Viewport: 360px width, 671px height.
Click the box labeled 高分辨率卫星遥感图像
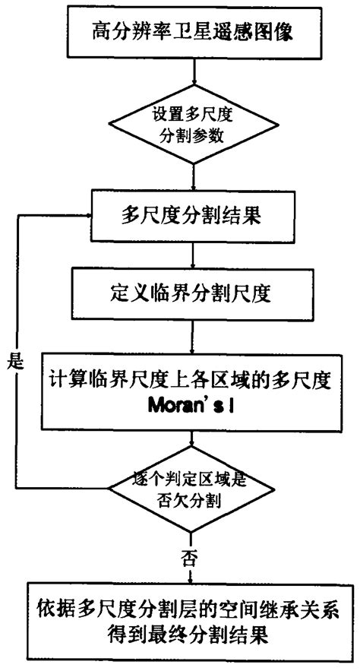point(195,32)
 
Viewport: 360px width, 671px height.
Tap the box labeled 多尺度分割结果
point(195,216)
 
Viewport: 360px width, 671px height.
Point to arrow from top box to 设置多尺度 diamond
point(195,74)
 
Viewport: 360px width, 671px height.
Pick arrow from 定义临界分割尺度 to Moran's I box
point(195,333)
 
